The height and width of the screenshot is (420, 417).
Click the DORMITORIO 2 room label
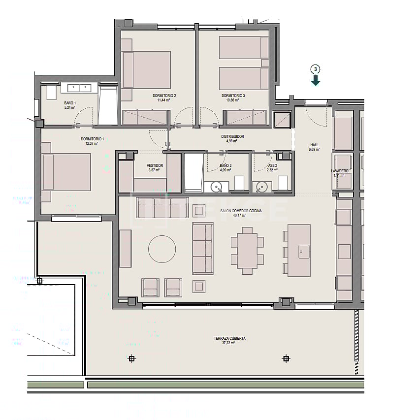[164, 95]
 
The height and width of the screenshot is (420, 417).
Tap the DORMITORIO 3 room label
[233, 95]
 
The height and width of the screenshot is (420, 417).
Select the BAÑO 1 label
[70, 103]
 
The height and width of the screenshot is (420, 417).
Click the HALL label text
[314, 145]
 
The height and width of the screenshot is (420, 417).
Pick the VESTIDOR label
[155, 165]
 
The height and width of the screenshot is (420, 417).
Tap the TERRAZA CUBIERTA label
[229, 338]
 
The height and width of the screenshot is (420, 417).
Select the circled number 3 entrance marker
[316, 69]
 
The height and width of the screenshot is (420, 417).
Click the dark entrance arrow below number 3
[316, 80]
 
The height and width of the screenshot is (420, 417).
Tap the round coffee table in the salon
[162, 249]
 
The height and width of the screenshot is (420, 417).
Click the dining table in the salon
[247, 251]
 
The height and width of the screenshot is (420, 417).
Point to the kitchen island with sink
[299, 250]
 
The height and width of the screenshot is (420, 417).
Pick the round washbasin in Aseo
[262, 187]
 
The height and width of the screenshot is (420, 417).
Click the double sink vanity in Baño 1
[79, 88]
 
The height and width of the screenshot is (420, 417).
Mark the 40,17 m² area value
[239, 215]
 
